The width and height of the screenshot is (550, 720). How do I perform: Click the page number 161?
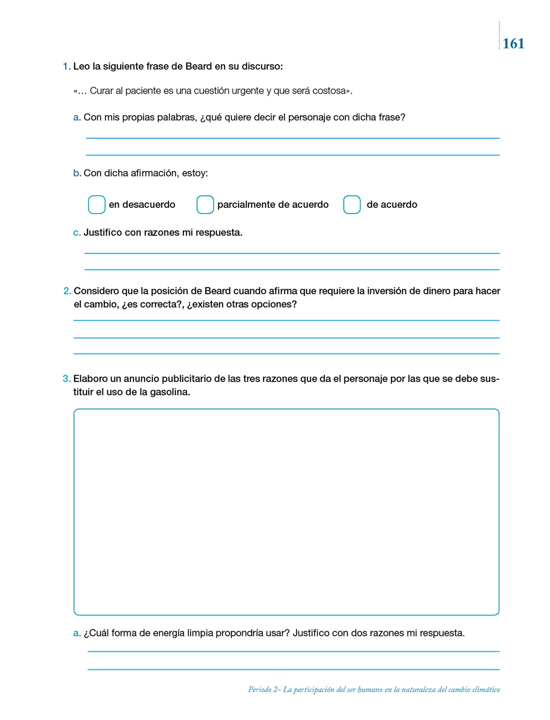pos(513,44)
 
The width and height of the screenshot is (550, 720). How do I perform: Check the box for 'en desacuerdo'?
pos(96,205)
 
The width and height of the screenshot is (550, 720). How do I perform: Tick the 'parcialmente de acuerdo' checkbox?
pos(205,205)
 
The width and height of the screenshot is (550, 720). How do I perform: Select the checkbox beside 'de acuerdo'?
pos(352,205)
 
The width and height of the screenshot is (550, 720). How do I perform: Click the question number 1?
pos(66,66)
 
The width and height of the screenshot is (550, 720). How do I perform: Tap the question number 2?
pos(67,291)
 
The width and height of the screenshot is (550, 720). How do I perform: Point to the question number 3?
pos(66,379)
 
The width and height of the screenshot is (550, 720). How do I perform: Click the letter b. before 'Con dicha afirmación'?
pos(77,173)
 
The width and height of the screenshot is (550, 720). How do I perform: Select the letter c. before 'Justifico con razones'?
pos(77,233)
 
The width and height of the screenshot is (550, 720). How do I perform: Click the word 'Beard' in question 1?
pos(198,66)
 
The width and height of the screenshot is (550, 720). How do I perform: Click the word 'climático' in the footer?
pos(486,690)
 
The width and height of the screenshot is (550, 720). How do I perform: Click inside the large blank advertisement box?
pos(286,512)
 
